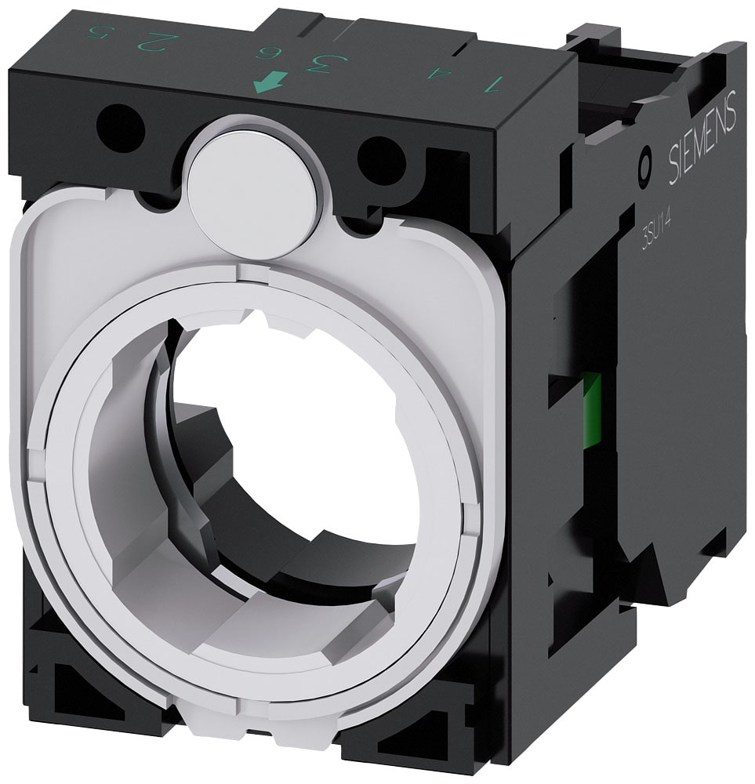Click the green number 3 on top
pyautogui.click(x=320, y=62)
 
